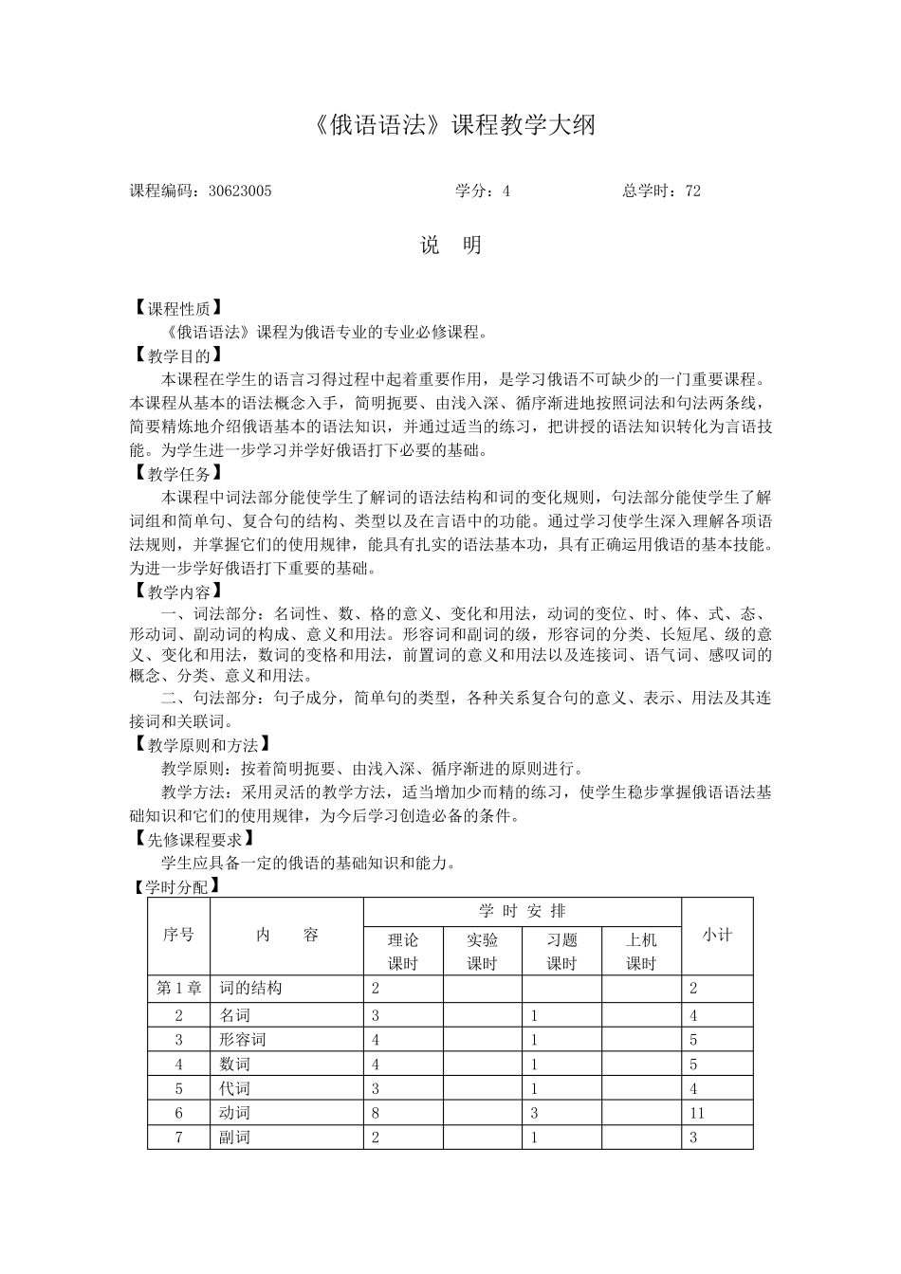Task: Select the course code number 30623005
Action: pyautogui.click(x=239, y=191)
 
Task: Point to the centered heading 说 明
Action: pyautogui.click(x=451, y=246)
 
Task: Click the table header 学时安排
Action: pyautogui.click(x=522, y=911)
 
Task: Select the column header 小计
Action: pyautogui.click(x=717, y=935)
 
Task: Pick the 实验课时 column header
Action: pyautogui.click(x=482, y=951)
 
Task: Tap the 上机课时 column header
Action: pyautogui.click(x=641, y=951)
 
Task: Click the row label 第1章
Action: pyautogui.click(x=178, y=988)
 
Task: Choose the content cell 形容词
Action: pyautogui.click(x=243, y=1039)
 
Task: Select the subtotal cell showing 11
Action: pyautogui.click(x=698, y=1113)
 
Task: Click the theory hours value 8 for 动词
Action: pyautogui.click(x=376, y=1113)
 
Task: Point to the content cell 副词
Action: pyautogui.click(x=234, y=1137)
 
